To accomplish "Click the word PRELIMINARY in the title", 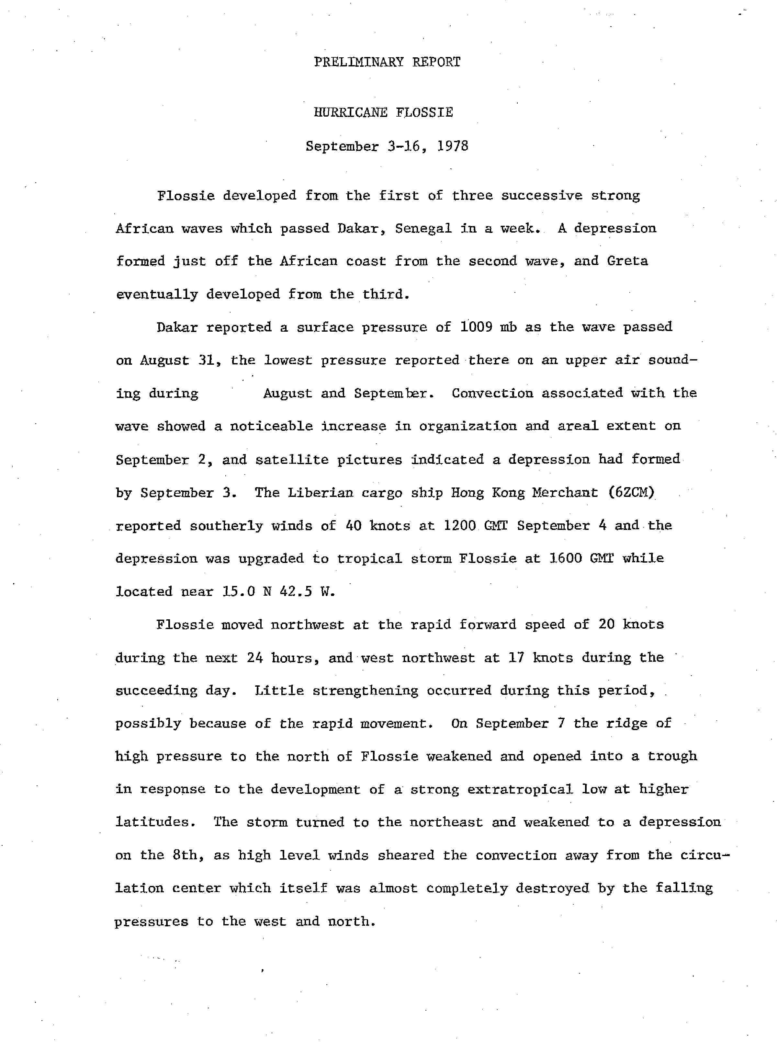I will [x=358, y=62].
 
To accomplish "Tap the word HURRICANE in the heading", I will [x=350, y=112].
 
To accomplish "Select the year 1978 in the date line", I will [x=453, y=146].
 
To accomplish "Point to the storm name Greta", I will [x=627, y=261].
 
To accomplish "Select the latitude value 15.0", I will [x=239, y=591].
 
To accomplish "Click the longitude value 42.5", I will [x=296, y=591].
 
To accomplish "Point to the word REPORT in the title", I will [x=436, y=62].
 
